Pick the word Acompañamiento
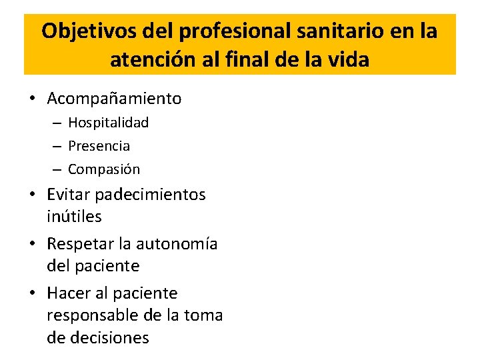(x=114, y=99)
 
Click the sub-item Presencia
(x=99, y=146)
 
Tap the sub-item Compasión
(x=104, y=169)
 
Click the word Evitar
(x=69, y=195)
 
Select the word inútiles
(x=74, y=217)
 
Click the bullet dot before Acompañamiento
(x=32, y=99)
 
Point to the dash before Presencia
(x=55, y=146)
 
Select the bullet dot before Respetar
(x=32, y=244)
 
